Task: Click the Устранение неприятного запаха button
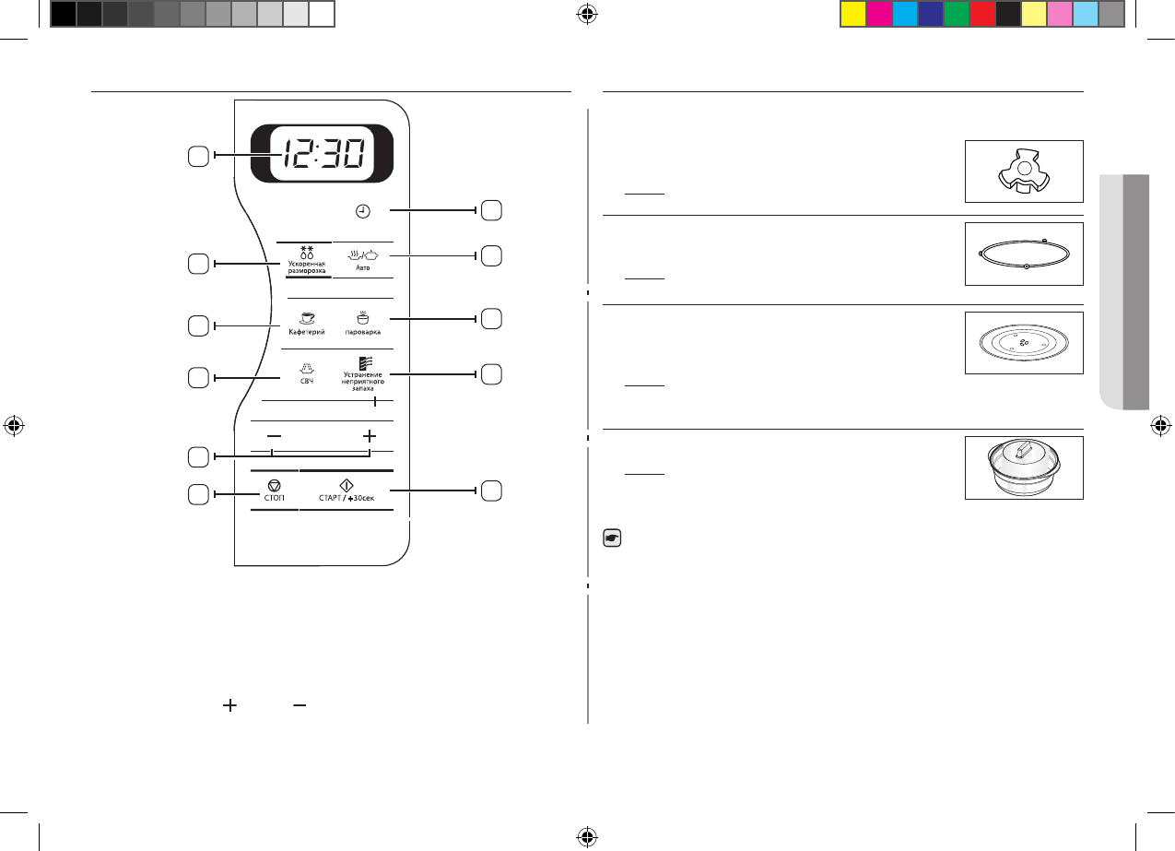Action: click(x=362, y=372)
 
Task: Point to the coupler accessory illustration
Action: click(x=1023, y=171)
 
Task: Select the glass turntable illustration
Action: click(x=1023, y=342)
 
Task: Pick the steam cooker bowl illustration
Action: click(x=1023, y=467)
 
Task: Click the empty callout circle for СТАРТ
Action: click(x=491, y=491)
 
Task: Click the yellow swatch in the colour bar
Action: click(x=852, y=13)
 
